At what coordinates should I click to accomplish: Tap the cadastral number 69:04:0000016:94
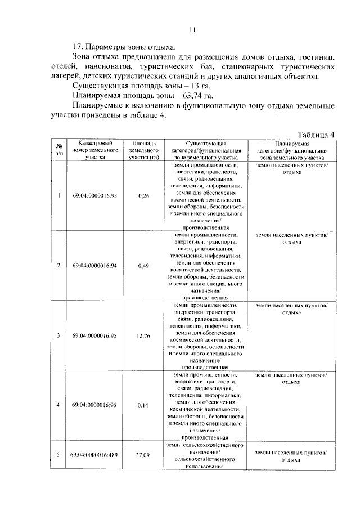coord(94,266)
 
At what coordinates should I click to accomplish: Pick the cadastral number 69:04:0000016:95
coord(94,335)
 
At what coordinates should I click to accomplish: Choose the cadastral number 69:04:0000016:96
coord(94,405)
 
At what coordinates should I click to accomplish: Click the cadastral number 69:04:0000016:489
coord(94,454)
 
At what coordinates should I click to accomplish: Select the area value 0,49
coord(143,266)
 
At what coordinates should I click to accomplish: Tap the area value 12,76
coord(143,335)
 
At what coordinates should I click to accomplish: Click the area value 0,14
coord(143,405)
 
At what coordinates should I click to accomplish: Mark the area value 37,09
coord(143,454)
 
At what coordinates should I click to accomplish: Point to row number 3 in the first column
coord(58,335)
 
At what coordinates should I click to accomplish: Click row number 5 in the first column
coord(58,454)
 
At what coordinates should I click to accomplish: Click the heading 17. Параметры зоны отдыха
coord(125,46)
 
